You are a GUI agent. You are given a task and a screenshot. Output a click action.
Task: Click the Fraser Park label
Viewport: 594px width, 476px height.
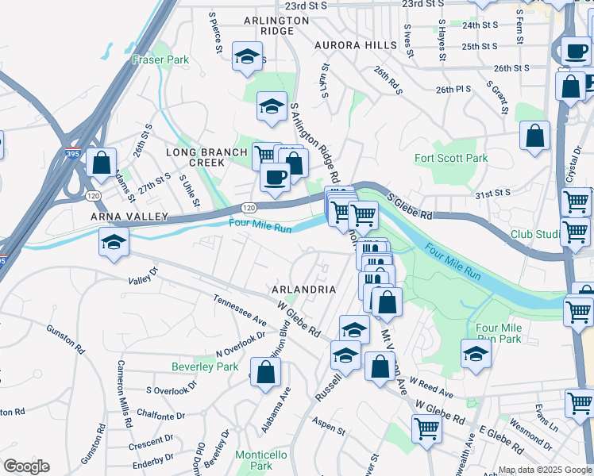point(161,59)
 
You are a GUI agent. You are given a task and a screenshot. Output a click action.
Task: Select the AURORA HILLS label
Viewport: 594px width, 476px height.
point(354,45)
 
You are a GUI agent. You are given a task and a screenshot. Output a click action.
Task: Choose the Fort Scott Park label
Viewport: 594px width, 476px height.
point(451,158)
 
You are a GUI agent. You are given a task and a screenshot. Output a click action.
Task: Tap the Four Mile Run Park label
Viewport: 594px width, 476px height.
point(498,333)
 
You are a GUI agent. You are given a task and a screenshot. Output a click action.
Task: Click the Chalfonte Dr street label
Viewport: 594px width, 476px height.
point(160,414)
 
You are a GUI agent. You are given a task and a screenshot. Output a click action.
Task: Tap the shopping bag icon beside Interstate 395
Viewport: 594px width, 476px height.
point(102,163)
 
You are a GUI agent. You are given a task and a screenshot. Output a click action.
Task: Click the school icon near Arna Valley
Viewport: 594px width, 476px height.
point(114,241)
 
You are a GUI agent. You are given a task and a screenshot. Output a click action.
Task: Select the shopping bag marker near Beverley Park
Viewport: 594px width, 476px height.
point(267,371)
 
